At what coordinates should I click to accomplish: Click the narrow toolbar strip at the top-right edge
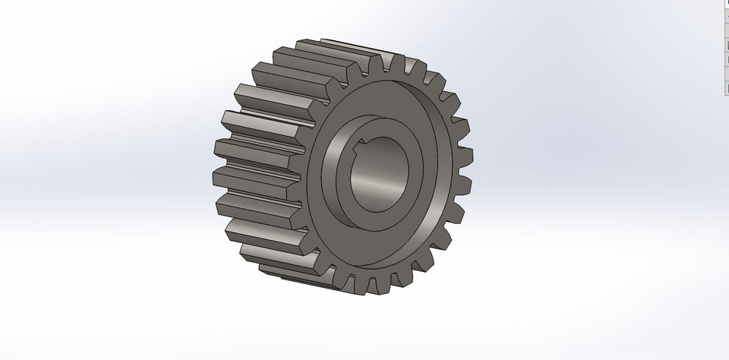coord(724,46)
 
